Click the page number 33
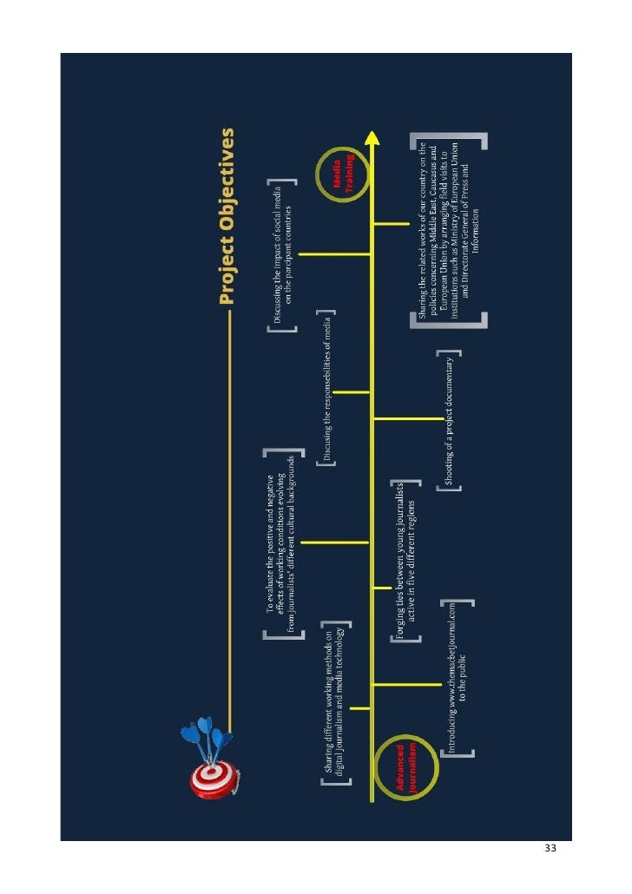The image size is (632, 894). click(550, 847)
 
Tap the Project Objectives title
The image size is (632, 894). click(227, 216)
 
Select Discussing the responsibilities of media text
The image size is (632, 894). click(327, 385)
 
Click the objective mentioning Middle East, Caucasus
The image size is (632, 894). click(447, 229)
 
